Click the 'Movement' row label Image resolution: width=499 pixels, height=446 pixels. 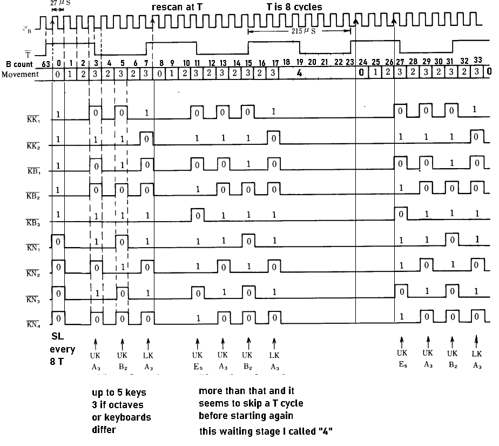[20, 74]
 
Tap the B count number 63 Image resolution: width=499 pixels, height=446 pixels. [41, 64]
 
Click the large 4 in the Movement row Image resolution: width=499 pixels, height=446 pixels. [299, 73]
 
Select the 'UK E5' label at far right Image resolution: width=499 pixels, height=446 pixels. [401, 358]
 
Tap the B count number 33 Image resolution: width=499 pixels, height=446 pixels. [477, 60]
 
